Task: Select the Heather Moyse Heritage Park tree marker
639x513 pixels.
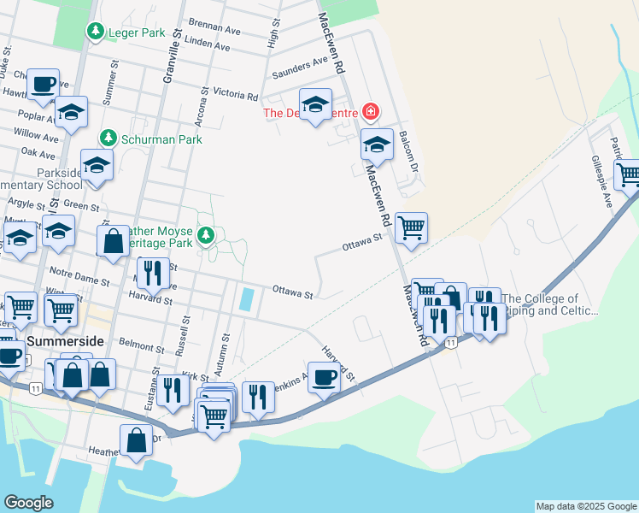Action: pos(205,235)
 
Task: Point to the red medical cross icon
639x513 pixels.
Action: pos(370,111)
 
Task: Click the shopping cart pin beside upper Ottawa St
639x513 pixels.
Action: pos(411,228)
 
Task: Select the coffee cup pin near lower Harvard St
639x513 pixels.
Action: pos(324,377)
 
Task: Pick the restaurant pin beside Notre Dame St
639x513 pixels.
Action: pos(152,274)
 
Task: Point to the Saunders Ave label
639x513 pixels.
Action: pos(300,68)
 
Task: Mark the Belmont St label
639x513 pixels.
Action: pos(142,346)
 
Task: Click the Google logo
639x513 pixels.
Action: pos(29,503)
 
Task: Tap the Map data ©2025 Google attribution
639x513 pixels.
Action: pos(586,506)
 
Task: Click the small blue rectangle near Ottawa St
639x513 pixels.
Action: pos(247,298)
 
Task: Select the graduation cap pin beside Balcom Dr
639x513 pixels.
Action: pos(377,145)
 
